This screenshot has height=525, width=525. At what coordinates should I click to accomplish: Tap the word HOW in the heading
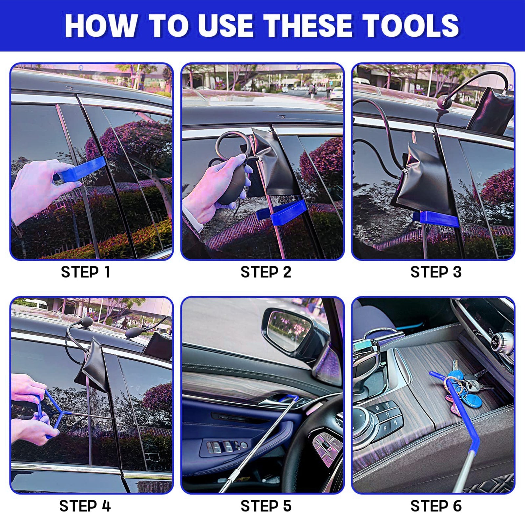point(100,26)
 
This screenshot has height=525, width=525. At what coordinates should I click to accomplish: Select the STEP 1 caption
point(86,272)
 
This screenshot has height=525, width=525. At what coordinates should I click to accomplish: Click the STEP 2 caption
point(266,272)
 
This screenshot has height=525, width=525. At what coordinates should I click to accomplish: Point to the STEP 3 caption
point(436,272)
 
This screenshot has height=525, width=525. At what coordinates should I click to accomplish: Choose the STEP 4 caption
point(85,506)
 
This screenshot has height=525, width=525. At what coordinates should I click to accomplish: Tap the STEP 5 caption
point(266,506)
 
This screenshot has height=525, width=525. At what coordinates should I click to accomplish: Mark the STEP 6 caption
point(436,506)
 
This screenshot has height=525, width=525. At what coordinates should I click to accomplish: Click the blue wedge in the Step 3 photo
point(436,219)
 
